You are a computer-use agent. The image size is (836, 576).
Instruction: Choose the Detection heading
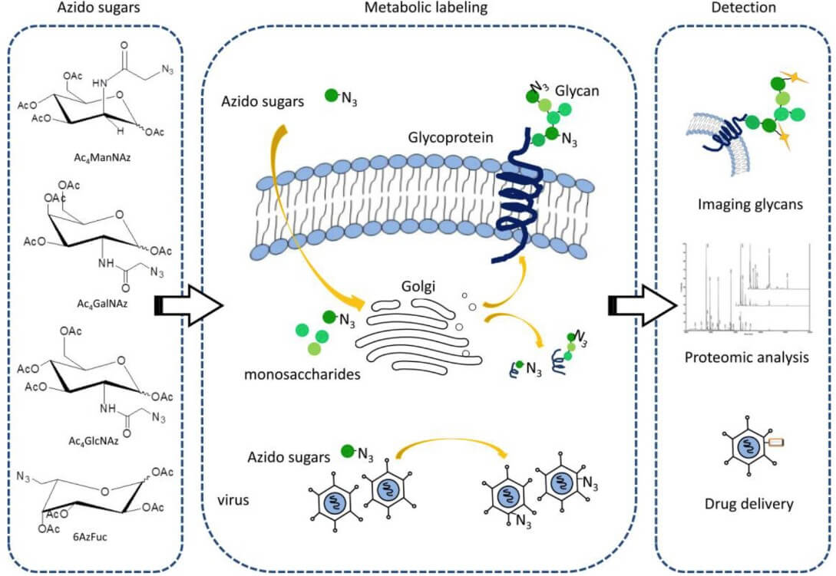(x=743, y=8)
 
